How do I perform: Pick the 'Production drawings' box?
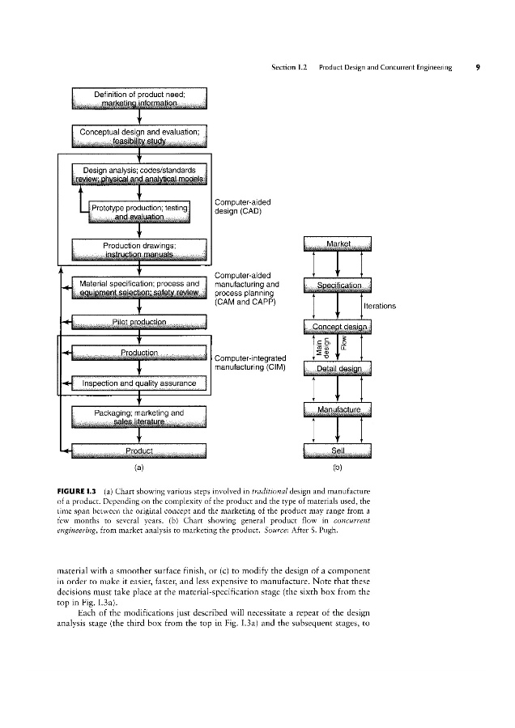(140, 249)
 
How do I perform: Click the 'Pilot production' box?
(140, 323)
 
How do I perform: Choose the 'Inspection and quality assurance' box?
(140, 383)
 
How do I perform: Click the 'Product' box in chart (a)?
(140, 451)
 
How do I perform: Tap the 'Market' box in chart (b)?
(337, 243)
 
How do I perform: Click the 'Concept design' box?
(337, 326)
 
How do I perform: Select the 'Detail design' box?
(337, 368)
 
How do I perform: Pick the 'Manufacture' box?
(337, 409)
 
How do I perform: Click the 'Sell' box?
(337, 451)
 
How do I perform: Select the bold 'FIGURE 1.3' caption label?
(76, 491)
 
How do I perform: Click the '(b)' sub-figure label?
(337, 468)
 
